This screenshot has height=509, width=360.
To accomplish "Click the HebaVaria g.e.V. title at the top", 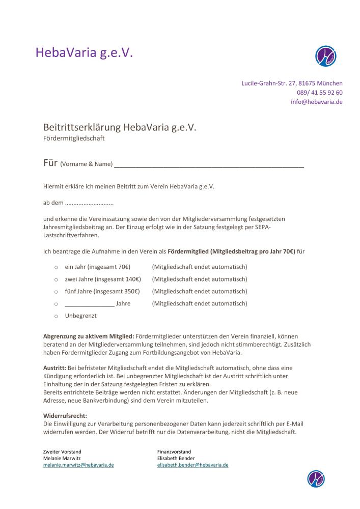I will [84, 52].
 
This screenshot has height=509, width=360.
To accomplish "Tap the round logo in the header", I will [326, 56].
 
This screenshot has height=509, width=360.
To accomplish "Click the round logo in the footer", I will [316, 478].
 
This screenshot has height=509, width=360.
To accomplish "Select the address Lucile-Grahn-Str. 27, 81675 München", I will [292, 83].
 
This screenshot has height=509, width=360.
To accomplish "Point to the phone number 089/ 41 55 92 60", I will [319, 93].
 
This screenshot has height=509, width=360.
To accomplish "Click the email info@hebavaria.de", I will [316, 102].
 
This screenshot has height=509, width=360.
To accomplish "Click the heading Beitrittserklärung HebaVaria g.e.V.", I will [120, 127].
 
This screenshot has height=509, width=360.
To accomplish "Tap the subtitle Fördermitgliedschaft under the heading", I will [74, 138].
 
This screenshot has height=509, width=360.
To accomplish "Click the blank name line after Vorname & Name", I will [209, 165].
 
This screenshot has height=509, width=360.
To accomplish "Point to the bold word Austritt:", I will [54, 367].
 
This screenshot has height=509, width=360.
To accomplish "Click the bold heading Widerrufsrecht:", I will [65, 416].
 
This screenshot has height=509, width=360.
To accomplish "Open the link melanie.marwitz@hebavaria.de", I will [78, 465].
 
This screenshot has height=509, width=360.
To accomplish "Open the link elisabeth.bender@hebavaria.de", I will [193, 465].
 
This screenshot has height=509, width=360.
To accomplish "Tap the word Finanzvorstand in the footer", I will [174, 451].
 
